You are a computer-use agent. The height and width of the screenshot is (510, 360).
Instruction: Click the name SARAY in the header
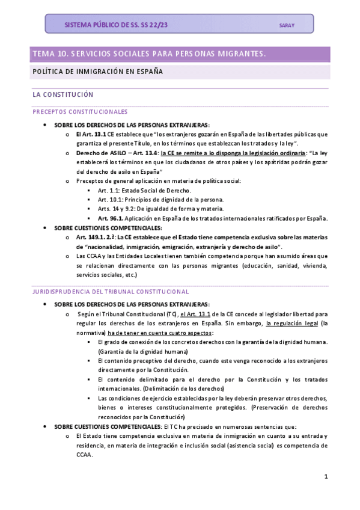click(x=287, y=25)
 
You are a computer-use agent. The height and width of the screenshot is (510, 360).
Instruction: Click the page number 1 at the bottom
click(x=325, y=477)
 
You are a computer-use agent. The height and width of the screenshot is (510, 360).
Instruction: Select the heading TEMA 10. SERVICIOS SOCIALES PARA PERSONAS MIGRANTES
click(x=149, y=54)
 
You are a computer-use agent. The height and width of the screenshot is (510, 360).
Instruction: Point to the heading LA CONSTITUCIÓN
click(x=63, y=95)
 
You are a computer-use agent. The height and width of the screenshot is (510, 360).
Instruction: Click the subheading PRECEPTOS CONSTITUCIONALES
click(x=80, y=112)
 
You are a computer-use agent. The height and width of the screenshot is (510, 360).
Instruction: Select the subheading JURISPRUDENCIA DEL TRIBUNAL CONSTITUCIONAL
click(x=111, y=292)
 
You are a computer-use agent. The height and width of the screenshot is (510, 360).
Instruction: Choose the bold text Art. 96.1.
click(x=111, y=218)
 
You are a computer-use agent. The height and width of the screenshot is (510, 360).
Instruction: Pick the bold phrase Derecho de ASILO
click(x=100, y=153)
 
